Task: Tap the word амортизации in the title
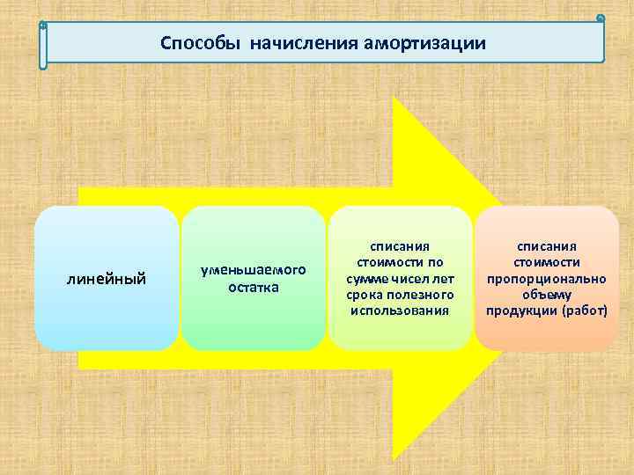click(424, 43)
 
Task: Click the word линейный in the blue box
click(107, 280)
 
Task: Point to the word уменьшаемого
click(253, 271)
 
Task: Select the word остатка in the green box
click(253, 287)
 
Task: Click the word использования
click(399, 310)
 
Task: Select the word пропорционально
click(547, 278)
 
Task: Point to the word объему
click(547, 294)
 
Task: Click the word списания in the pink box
click(547, 246)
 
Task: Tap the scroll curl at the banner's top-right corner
click(601, 18)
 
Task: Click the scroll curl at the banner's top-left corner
click(43, 26)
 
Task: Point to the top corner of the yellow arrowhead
click(394, 99)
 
